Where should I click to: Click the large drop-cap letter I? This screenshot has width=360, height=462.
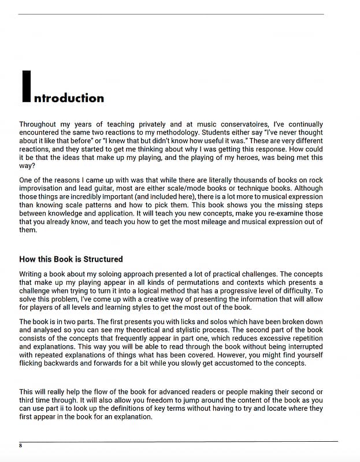tap(25, 87)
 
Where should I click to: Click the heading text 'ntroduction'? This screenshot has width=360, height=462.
tap(69, 98)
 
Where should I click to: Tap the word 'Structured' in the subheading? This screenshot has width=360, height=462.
tap(103, 259)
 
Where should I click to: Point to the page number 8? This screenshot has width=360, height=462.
tap(21, 446)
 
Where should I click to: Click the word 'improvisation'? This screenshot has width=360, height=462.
tap(42, 188)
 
